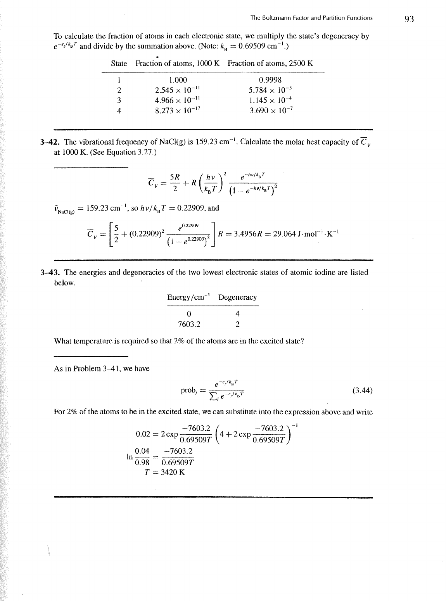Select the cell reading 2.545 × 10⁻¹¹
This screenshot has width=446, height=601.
177,90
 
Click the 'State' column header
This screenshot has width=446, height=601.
119,64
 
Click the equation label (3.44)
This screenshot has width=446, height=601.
362,390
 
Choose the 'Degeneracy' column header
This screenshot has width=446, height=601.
237,297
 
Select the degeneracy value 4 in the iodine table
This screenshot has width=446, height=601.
237,314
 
